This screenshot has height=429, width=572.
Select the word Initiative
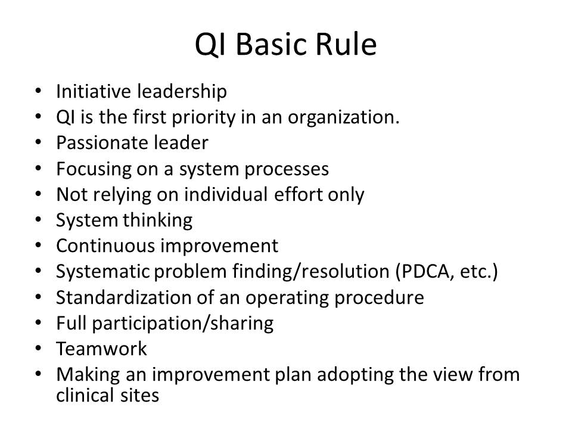pos(94,91)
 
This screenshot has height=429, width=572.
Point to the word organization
pos(343,118)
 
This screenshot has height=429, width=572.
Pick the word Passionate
pos(102,142)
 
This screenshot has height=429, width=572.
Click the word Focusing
pos(94,169)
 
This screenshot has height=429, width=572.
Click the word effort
pos(298,194)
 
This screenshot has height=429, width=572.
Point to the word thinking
pos(157,220)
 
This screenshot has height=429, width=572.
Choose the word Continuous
pos(106,245)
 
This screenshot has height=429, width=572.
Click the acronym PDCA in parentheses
pos(424,272)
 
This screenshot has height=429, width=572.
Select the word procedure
pos(379,298)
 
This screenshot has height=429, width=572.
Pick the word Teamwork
pos(101,349)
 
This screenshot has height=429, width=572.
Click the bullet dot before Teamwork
pos(38,349)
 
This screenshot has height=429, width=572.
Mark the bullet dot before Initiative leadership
pos(38,91)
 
